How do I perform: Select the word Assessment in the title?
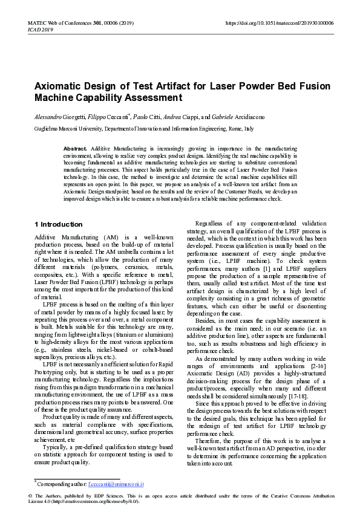[x=152, y=97]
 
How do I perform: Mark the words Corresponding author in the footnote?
[x=61, y=484]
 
